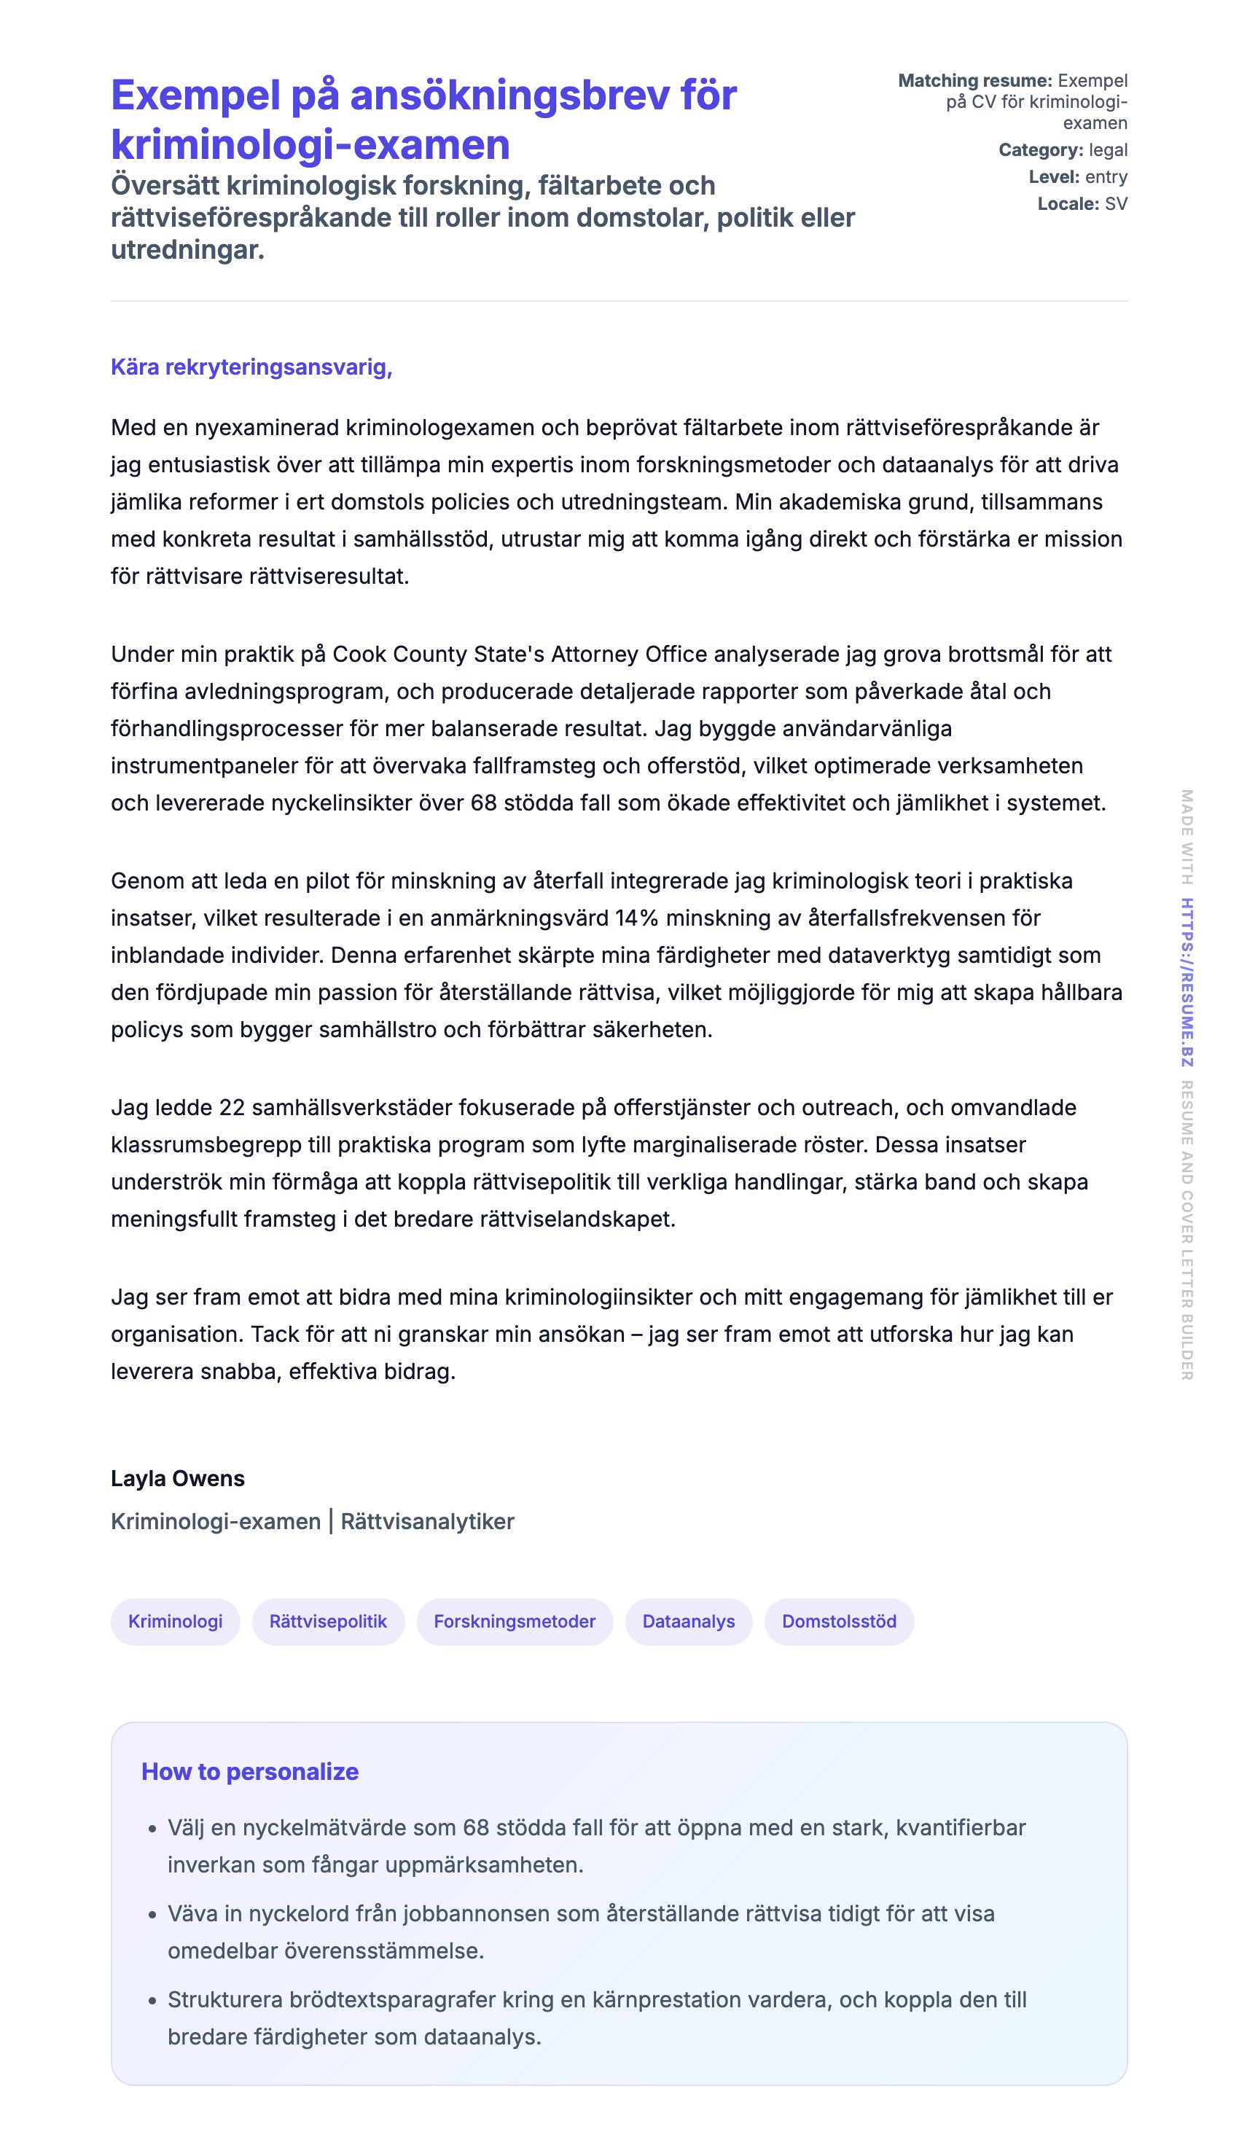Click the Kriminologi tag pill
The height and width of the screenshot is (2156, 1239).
[176, 1621]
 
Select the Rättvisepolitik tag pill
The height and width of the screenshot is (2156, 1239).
[328, 1621]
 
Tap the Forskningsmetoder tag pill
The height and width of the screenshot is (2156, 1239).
[514, 1621]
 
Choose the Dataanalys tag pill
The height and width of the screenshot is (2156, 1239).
[689, 1621]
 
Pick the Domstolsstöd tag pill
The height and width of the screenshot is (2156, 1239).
[839, 1621]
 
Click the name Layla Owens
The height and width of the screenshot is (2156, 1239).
[177, 1478]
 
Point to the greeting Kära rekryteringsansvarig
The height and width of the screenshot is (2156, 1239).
[251, 367]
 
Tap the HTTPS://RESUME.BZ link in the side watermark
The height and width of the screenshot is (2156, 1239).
[1187, 982]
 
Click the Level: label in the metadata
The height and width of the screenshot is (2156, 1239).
[1053, 177]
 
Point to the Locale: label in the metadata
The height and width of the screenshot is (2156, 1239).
[1068, 204]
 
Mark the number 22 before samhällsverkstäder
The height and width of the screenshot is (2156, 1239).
[232, 1107]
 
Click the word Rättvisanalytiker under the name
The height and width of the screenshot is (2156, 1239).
[427, 1521]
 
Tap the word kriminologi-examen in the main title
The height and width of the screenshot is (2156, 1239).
[310, 144]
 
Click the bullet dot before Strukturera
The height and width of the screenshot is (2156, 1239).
[152, 1999]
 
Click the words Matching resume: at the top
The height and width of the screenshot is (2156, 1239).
[975, 81]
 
